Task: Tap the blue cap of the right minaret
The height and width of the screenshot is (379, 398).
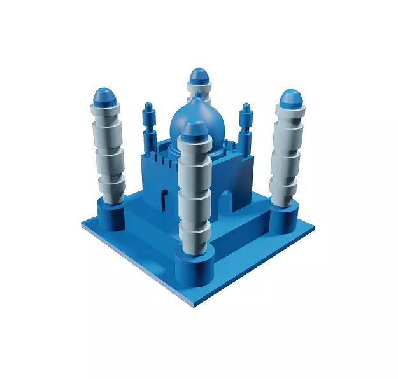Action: pyautogui.click(x=292, y=99)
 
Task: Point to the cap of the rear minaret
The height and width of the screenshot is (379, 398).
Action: pyautogui.click(x=199, y=76)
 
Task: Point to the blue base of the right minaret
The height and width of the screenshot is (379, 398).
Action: pyautogui.click(x=283, y=218)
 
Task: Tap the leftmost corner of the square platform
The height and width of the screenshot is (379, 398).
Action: pyautogui.click(x=83, y=224)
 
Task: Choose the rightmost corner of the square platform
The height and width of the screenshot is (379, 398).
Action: pyautogui.click(x=314, y=226)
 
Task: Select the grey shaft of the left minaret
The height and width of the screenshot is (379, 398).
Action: pyautogui.click(x=108, y=149)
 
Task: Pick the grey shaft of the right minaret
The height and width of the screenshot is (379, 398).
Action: pyautogui.click(x=286, y=153)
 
